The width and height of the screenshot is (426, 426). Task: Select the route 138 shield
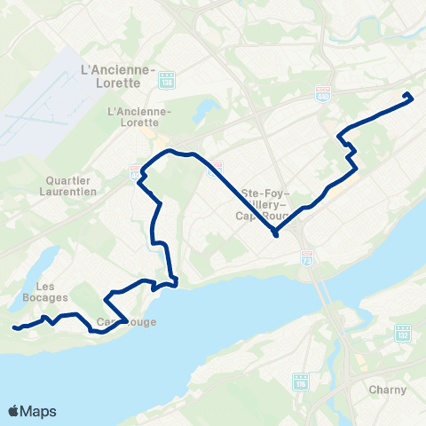[x=167, y=83]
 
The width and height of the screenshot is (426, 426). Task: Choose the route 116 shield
[x=299, y=382]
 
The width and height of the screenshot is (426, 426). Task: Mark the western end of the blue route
[x=15, y=328]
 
